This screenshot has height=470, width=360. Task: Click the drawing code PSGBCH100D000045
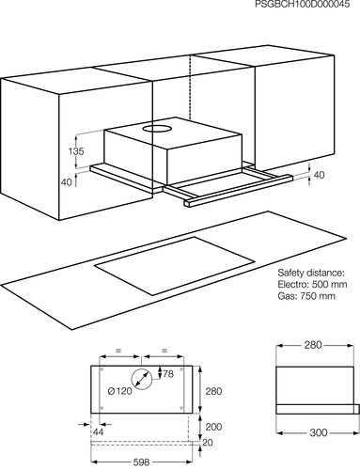(x=303, y=4)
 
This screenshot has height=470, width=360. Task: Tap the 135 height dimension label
(x=76, y=151)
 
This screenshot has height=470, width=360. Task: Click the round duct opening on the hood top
(x=158, y=128)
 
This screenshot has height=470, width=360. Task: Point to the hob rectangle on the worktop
(x=174, y=266)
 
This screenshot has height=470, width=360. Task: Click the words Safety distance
(x=310, y=273)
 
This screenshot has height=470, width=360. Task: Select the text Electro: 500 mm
(x=312, y=284)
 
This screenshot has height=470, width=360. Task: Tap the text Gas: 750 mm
(x=306, y=295)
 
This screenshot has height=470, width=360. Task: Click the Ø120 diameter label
(x=119, y=391)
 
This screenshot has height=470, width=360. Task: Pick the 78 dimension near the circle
(x=168, y=374)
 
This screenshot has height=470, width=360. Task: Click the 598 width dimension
(x=141, y=462)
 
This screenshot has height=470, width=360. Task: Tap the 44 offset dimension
(x=98, y=431)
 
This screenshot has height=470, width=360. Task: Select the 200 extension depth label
(x=213, y=427)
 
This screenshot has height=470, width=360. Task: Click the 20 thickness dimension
(x=208, y=442)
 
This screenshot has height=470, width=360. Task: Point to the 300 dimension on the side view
(x=319, y=432)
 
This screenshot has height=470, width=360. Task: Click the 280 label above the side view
(x=313, y=345)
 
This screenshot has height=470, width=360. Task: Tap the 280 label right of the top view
(x=213, y=391)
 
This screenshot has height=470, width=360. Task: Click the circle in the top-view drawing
(x=141, y=379)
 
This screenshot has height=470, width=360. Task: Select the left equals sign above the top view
(x=118, y=351)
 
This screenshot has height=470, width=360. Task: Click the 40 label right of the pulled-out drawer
(x=319, y=175)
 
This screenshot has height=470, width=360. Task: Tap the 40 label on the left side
(x=67, y=182)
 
